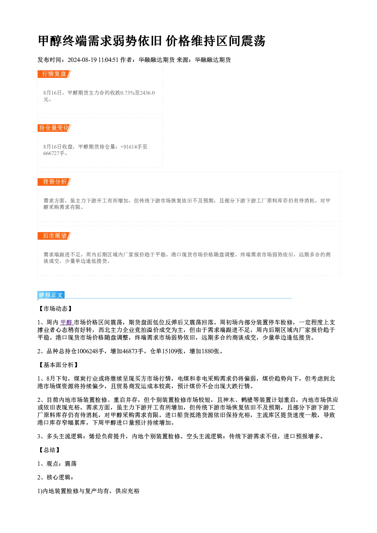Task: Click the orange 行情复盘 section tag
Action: pos(54,74)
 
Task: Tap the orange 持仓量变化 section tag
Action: pos(54,128)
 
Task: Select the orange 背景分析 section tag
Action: pos(54,182)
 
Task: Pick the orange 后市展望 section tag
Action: pos(54,236)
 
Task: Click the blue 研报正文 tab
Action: pos(51,295)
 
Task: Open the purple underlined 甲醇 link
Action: pos(66,323)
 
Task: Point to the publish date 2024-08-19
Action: pos(82,60)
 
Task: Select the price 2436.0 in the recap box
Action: pos(147,93)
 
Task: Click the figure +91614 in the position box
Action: pos(129,147)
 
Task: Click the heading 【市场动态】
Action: pos(55,309)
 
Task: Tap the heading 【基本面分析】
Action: pos(58,365)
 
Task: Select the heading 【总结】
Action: pos(49,450)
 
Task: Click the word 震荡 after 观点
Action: pos(70,464)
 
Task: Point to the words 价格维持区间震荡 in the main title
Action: pos(215,41)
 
